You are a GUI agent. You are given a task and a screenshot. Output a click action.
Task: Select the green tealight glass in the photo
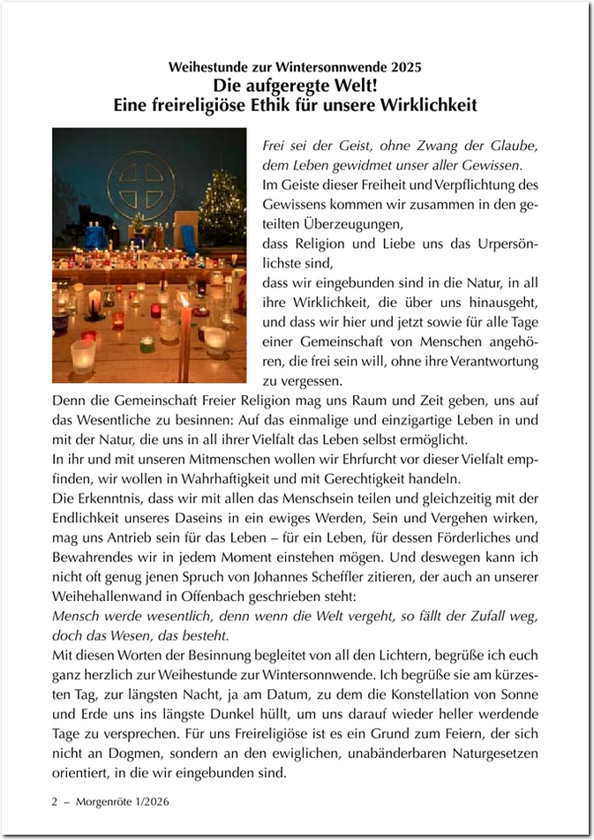click(x=147, y=344)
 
